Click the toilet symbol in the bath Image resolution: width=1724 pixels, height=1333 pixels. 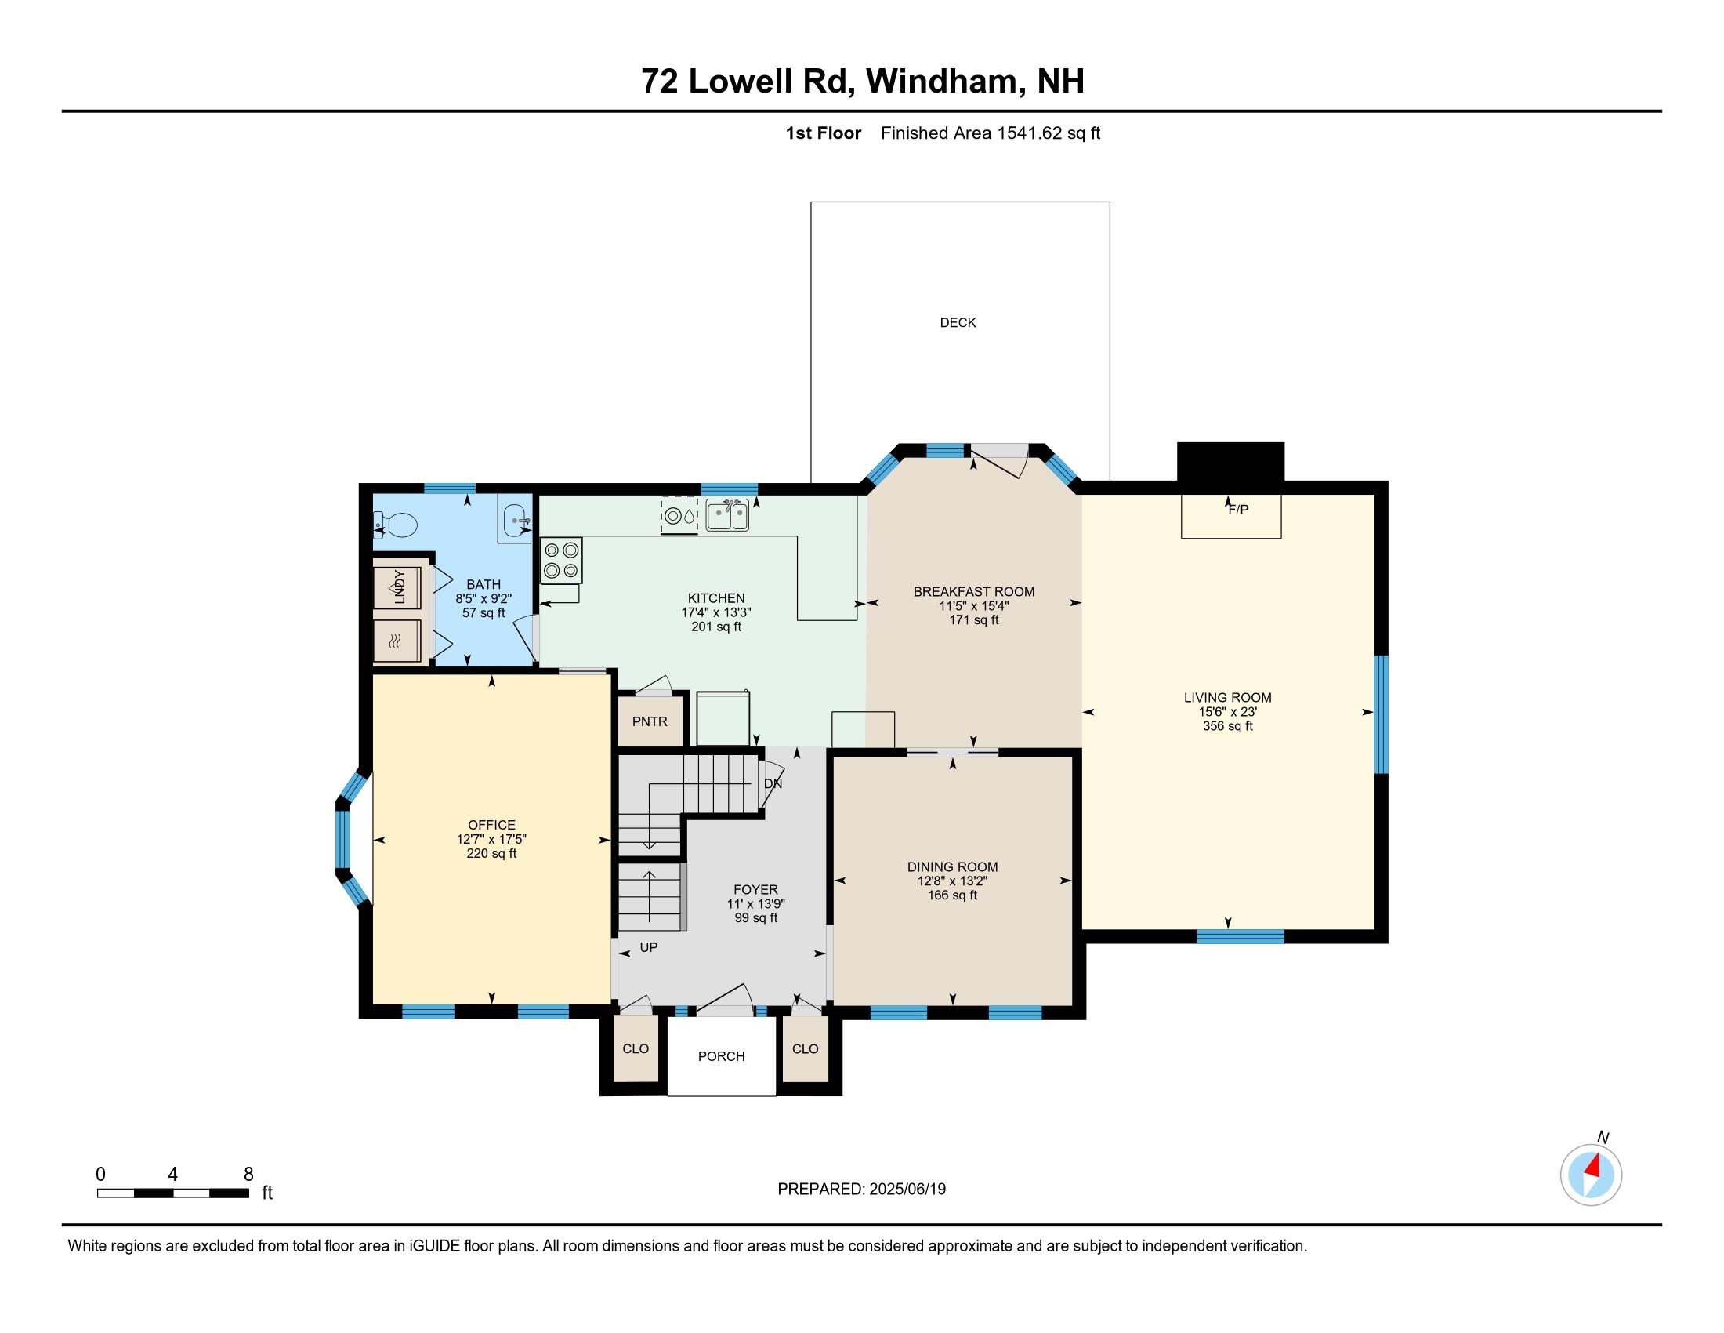[x=397, y=523]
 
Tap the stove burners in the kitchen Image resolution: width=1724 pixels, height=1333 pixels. [x=561, y=560]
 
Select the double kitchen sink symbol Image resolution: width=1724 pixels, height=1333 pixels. [x=727, y=516]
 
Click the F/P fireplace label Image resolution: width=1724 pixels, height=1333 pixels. [x=1237, y=510]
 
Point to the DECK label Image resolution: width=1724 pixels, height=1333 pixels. [x=958, y=322]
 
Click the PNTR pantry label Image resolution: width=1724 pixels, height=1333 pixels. [x=650, y=721]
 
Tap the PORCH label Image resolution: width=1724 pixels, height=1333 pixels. [x=721, y=1056]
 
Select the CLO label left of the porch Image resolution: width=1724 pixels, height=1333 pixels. [x=635, y=1048]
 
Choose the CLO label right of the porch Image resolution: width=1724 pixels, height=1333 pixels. [x=805, y=1048]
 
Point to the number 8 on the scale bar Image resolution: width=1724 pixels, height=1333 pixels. [x=248, y=1174]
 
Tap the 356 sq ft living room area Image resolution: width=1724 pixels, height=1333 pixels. [x=1227, y=726]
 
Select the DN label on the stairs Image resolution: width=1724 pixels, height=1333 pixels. [x=773, y=783]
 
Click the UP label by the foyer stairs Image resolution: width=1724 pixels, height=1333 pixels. [x=648, y=947]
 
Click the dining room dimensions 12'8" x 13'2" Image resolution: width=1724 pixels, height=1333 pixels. [x=952, y=881]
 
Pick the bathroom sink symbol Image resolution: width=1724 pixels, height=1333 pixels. [x=516, y=519]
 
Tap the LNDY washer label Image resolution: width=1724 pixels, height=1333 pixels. [x=400, y=587]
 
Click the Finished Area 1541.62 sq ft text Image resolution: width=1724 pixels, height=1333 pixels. [x=990, y=133]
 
